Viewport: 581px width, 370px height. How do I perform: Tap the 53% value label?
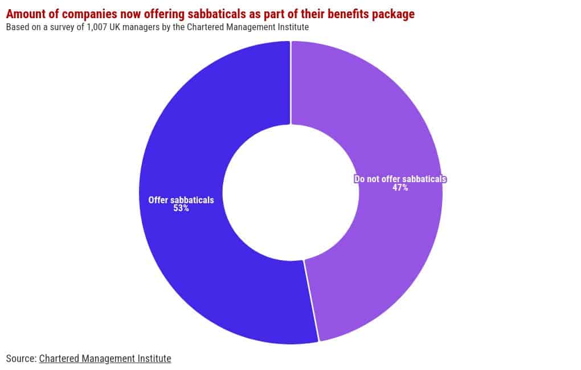[181, 209]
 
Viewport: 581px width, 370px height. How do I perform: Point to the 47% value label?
[400, 188]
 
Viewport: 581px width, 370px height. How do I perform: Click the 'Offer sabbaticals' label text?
[181, 200]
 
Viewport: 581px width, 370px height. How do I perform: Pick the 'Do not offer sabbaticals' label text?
[400, 179]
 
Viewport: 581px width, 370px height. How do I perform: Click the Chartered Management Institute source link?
[105, 359]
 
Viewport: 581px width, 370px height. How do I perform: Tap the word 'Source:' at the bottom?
[21, 359]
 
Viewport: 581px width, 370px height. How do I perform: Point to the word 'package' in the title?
[393, 14]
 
